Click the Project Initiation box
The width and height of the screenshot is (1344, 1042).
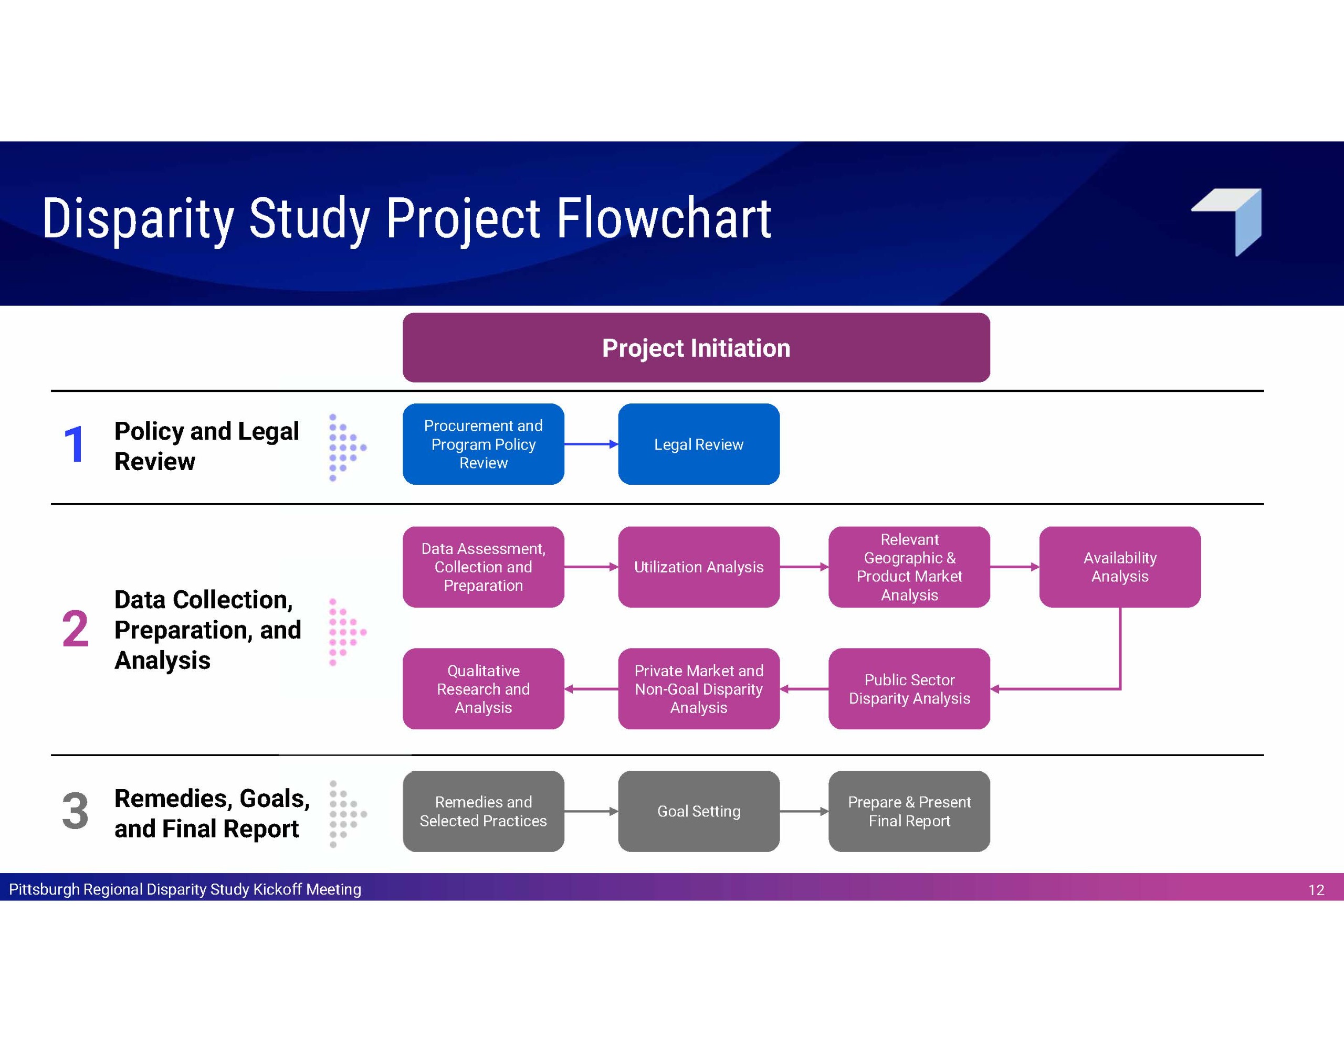[x=696, y=347]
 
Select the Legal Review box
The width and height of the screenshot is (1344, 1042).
[x=698, y=444]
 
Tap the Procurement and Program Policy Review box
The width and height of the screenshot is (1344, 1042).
[x=483, y=444]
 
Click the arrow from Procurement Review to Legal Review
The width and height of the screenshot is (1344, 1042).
[x=591, y=444]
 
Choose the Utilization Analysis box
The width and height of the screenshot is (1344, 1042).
[x=698, y=567]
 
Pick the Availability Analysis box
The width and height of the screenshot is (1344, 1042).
[x=1120, y=567]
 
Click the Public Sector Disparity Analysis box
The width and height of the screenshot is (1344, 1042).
[x=909, y=689]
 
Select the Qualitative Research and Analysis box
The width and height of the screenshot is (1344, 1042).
[x=483, y=689]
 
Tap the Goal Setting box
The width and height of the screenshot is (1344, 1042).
[x=698, y=811]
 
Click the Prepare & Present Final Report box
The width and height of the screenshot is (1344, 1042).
[x=909, y=811]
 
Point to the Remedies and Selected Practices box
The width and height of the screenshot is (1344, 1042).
[x=483, y=811]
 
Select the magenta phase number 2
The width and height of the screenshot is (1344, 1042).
[x=75, y=629]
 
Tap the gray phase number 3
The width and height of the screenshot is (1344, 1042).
[x=75, y=811]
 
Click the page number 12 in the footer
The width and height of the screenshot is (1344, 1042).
[x=1316, y=890]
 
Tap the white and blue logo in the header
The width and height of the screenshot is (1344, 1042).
[x=1226, y=222]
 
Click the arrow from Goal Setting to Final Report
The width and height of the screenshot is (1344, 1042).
[x=804, y=811]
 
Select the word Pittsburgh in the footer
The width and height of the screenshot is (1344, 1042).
[x=44, y=889]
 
